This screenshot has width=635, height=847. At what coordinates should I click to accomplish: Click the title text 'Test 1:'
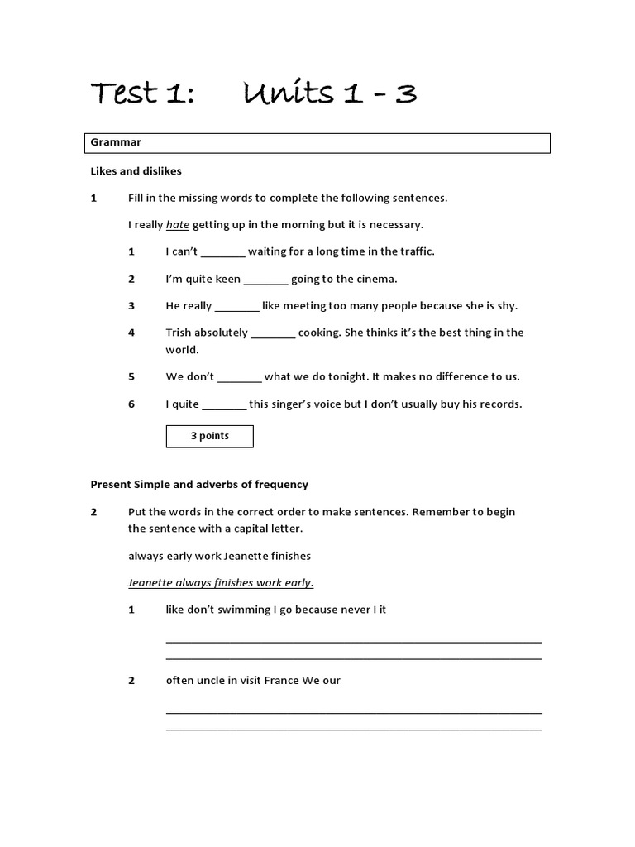[141, 93]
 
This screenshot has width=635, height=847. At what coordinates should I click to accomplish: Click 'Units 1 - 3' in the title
[330, 93]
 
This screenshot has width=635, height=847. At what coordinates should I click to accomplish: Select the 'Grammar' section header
[117, 142]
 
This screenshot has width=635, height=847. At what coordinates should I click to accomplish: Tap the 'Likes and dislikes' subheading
[136, 171]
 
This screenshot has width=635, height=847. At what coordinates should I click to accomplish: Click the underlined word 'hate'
[178, 225]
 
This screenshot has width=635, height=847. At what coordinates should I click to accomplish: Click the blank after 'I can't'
[222, 252]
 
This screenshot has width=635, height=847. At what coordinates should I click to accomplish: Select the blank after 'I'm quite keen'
[266, 280]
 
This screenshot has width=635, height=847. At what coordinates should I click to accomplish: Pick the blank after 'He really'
[237, 307]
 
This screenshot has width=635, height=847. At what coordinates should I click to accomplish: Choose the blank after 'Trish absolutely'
[273, 333]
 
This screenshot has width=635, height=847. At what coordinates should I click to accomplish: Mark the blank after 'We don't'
[240, 377]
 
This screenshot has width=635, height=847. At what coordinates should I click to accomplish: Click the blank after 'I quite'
[224, 405]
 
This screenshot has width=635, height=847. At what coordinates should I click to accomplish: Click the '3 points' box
[209, 436]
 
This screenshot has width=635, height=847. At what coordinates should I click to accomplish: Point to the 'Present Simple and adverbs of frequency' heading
[198, 485]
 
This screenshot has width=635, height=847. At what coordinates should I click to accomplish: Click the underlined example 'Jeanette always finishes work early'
[220, 583]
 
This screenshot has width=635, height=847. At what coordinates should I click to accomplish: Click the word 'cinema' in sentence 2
[376, 280]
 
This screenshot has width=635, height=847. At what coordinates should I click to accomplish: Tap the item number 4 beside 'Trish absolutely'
[131, 333]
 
